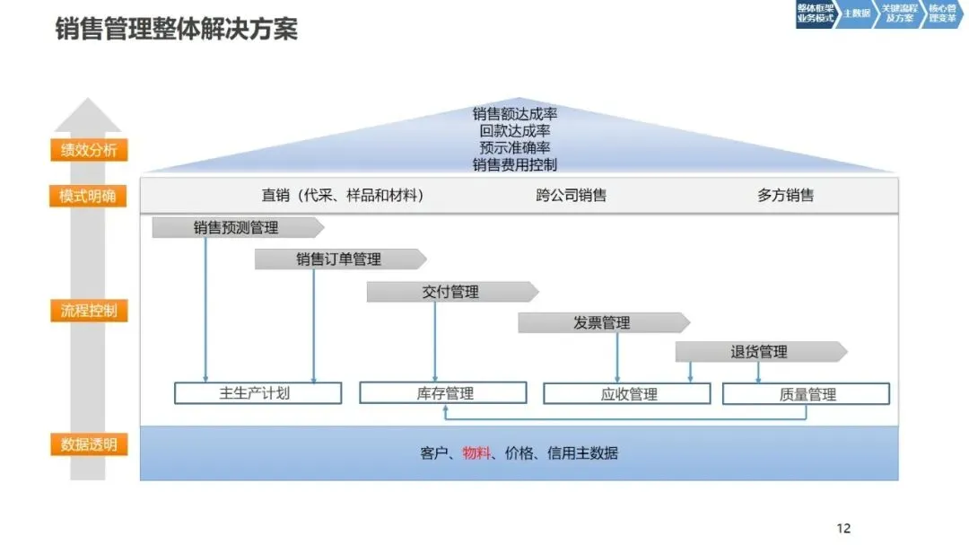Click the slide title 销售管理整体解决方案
(x=176, y=29)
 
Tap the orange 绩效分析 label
(x=89, y=150)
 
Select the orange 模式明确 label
(x=88, y=196)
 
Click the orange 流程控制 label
(x=89, y=312)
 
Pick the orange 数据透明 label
(x=89, y=444)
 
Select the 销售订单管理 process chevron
(x=339, y=259)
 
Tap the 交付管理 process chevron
(x=451, y=292)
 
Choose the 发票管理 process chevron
(x=602, y=323)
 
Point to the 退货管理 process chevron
(x=759, y=352)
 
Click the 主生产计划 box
(x=258, y=393)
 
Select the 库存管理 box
(x=443, y=393)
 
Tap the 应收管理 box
(x=627, y=393)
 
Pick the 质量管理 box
(x=806, y=393)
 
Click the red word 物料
(x=476, y=453)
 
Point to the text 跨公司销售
(x=572, y=195)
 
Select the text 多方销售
(x=785, y=195)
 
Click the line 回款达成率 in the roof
(x=515, y=131)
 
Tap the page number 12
(x=842, y=528)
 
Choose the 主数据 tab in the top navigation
(x=856, y=14)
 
